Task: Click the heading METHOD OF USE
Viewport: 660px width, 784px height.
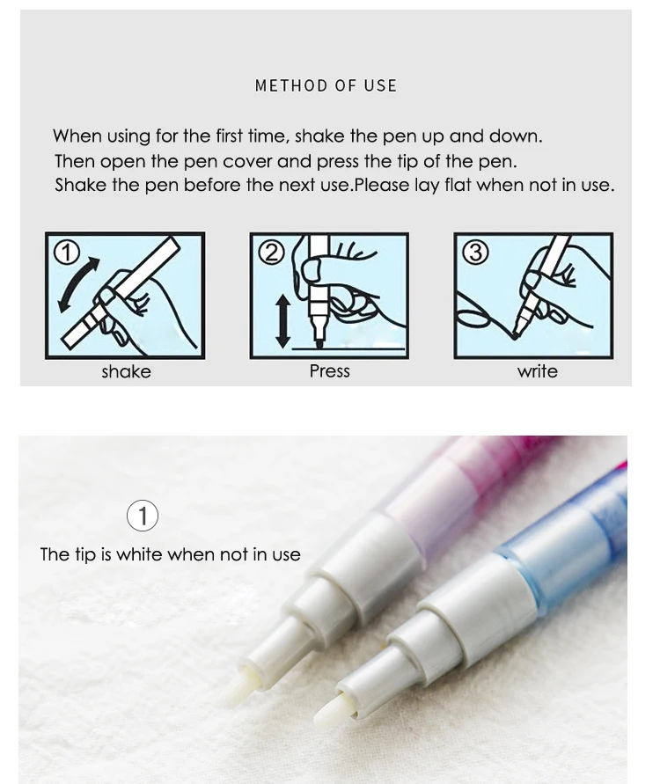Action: click(326, 85)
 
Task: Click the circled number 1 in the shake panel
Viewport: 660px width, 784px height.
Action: click(67, 253)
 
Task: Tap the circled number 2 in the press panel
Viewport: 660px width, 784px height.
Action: click(272, 253)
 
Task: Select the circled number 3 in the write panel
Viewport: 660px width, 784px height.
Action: click(475, 253)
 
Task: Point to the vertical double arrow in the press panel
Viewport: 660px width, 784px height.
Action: click(283, 321)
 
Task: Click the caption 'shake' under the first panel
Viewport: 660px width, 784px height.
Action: click(126, 371)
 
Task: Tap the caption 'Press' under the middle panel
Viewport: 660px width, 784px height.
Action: click(329, 371)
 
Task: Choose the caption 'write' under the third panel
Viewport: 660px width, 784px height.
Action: click(537, 371)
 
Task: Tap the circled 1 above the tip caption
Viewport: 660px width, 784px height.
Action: click(143, 516)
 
